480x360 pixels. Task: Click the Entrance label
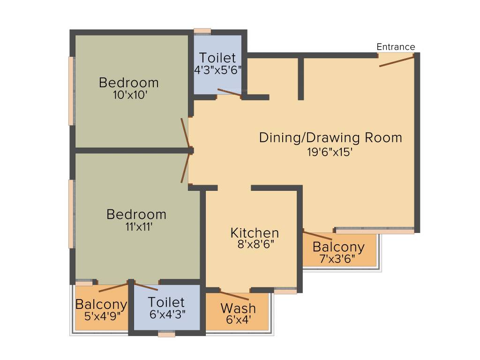click(396, 47)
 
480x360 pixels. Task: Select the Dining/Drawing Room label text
click(330, 138)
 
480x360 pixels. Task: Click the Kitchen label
click(255, 233)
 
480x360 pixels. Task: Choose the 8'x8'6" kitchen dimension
click(255, 244)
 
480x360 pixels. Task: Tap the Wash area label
click(238, 308)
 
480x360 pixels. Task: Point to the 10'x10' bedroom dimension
click(129, 95)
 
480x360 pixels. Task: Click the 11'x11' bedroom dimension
click(136, 227)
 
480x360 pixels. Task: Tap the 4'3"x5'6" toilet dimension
click(217, 70)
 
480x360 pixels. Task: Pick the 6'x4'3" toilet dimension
click(166, 314)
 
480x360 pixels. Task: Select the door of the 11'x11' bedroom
click(186, 167)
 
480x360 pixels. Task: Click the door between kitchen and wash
click(234, 296)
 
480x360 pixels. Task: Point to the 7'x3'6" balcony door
click(317, 235)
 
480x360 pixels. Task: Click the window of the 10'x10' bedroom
click(72, 91)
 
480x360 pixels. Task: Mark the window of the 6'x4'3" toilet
click(166, 334)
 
